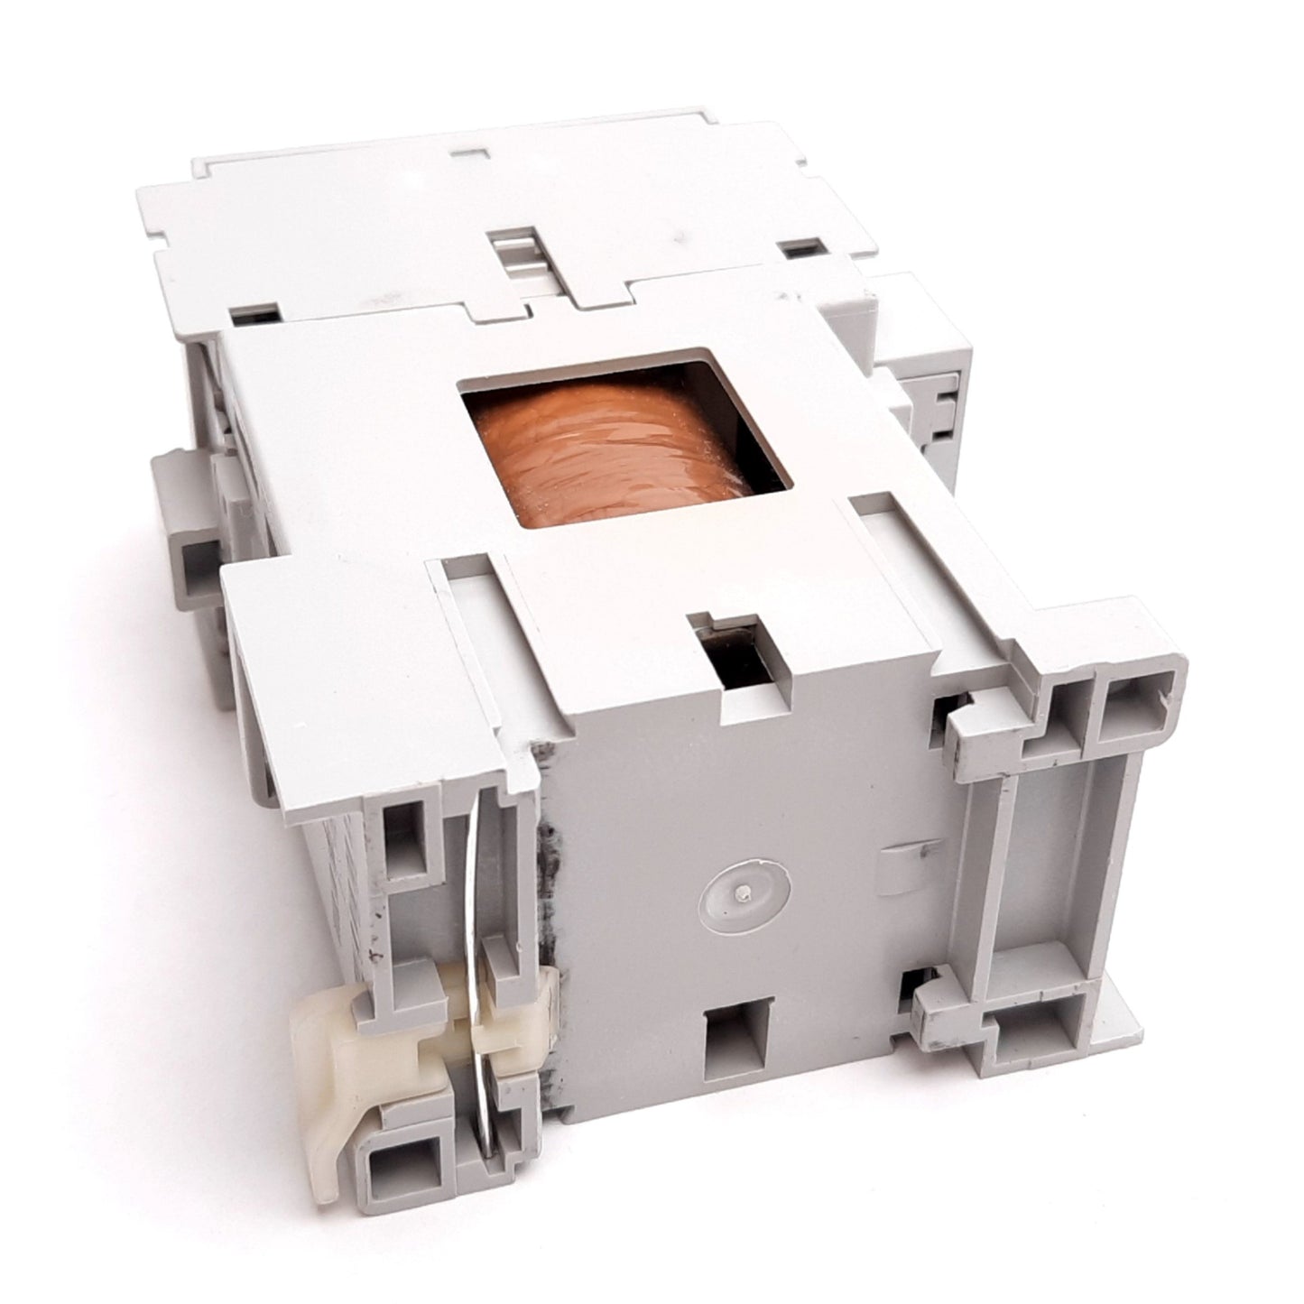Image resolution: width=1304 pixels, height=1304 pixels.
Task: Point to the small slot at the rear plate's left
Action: pyautogui.click(x=254, y=315)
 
